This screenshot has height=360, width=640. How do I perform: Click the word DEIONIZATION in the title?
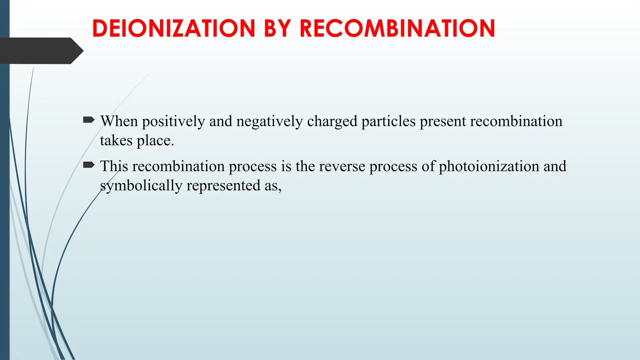pyautogui.click(x=174, y=28)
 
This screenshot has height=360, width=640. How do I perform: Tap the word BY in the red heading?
pyautogui.click(x=277, y=28)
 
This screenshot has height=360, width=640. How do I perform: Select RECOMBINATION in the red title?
pyautogui.click(x=397, y=28)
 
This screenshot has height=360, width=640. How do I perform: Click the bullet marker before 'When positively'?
pyautogui.click(x=89, y=120)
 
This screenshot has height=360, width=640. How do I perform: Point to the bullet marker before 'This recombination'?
pyautogui.click(x=89, y=165)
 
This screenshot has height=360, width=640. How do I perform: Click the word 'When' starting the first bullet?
pyautogui.click(x=119, y=121)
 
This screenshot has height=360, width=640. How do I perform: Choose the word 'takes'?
pyautogui.click(x=116, y=141)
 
